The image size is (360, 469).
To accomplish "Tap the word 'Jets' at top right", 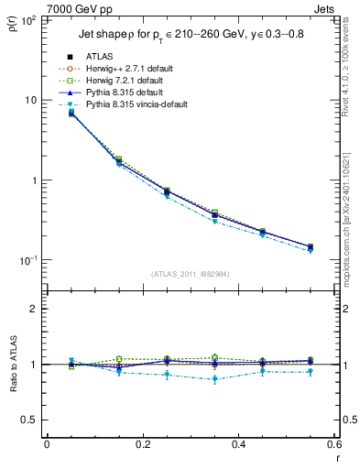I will (x=325, y=7).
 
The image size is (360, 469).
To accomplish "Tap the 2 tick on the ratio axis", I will (x=35, y=309).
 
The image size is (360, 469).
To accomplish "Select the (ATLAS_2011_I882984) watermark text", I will (x=190, y=273).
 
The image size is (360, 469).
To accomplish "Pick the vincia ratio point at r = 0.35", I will (x=214, y=378).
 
